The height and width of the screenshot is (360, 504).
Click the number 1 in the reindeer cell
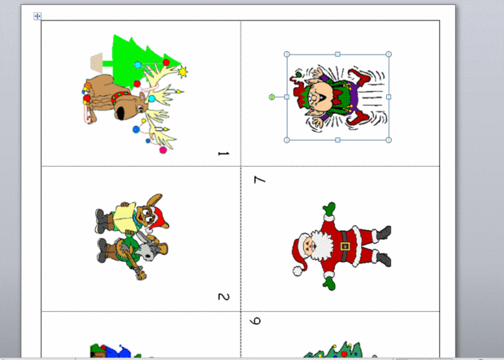coord(224,154)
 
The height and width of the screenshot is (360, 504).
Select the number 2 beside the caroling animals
coord(224,297)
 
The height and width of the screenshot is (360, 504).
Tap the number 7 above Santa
coord(259,180)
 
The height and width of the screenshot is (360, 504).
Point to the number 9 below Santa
coord(255,321)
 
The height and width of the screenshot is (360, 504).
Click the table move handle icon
coord(37,16)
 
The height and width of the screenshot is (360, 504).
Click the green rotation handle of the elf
coord(272,97)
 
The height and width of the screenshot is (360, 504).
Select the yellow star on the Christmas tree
coord(182,72)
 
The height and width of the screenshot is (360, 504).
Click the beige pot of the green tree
coord(97,63)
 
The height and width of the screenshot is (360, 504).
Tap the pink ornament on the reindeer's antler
coord(163,150)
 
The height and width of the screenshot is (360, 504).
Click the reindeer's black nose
coord(121,114)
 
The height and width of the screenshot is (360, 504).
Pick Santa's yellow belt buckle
coord(345,246)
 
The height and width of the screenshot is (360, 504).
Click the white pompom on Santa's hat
coord(298,271)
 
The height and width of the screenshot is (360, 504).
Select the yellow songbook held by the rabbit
coord(124,217)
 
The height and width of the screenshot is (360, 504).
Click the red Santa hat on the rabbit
coord(159,219)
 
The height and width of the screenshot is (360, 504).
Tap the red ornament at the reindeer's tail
coord(86,98)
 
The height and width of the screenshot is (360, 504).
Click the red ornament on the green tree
coord(166,63)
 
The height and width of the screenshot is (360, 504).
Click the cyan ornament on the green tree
coord(138,65)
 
